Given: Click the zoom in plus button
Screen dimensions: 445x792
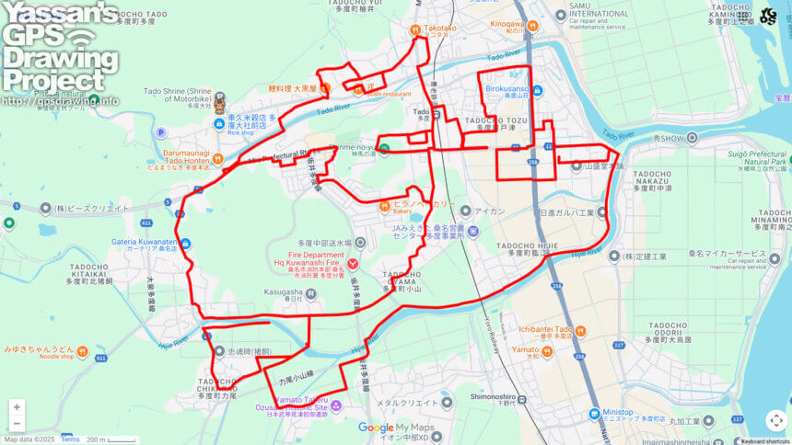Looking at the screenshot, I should click(x=17, y=407).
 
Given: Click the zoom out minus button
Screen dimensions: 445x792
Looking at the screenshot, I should click(x=17, y=424).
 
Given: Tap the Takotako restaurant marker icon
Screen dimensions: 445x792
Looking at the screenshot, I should click(x=415, y=29).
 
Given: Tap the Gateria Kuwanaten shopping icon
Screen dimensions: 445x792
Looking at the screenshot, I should click(x=186, y=243).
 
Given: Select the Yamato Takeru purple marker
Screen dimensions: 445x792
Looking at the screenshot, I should click(x=336, y=405).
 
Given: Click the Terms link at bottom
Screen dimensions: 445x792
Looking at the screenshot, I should click(x=70, y=439).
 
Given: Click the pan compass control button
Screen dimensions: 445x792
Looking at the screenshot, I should click(x=776, y=420).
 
